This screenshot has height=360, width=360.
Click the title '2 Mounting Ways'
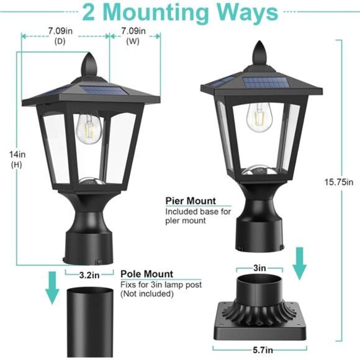180,12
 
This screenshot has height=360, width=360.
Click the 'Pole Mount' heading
146,274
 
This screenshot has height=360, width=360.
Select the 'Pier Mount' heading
190,201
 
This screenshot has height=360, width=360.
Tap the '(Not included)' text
146,294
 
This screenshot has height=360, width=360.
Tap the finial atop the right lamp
259,51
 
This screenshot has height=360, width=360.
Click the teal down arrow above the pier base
300,263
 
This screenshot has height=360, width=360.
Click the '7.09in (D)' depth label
60,35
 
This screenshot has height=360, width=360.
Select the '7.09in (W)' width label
133,35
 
